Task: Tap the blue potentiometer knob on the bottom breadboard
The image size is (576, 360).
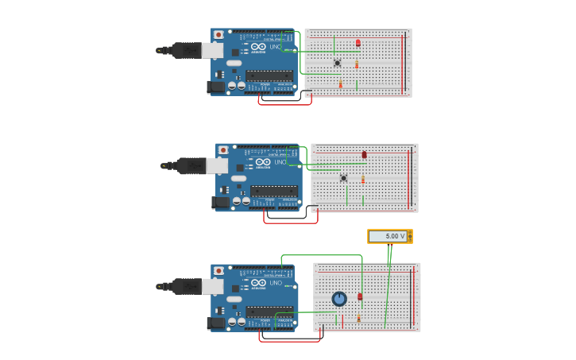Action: tap(339, 299)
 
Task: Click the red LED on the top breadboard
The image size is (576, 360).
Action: tap(358, 43)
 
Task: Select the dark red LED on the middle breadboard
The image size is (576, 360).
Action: tap(364, 155)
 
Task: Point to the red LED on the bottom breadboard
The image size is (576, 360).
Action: tap(360, 296)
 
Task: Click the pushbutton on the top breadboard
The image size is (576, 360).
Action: tap(337, 63)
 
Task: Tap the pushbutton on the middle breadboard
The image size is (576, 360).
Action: tap(343, 178)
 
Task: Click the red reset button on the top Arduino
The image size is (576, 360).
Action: tap(218, 34)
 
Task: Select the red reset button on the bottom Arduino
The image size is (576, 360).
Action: tap(218, 270)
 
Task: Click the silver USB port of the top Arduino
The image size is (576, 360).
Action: tap(212, 51)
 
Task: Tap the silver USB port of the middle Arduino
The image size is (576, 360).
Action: tap(217, 165)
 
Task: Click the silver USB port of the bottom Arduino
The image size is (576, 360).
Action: tap(212, 286)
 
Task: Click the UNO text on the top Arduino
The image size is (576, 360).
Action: tap(276, 47)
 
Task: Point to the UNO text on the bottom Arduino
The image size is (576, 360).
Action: tap(276, 283)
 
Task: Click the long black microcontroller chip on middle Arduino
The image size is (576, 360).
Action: tap(274, 192)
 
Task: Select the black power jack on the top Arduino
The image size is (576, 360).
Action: tap(215, 87)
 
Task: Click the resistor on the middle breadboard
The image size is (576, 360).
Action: tap(363, 179)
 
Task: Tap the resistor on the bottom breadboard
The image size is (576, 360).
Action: tap(358, 318)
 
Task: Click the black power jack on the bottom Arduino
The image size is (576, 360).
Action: tap(215, 323)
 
